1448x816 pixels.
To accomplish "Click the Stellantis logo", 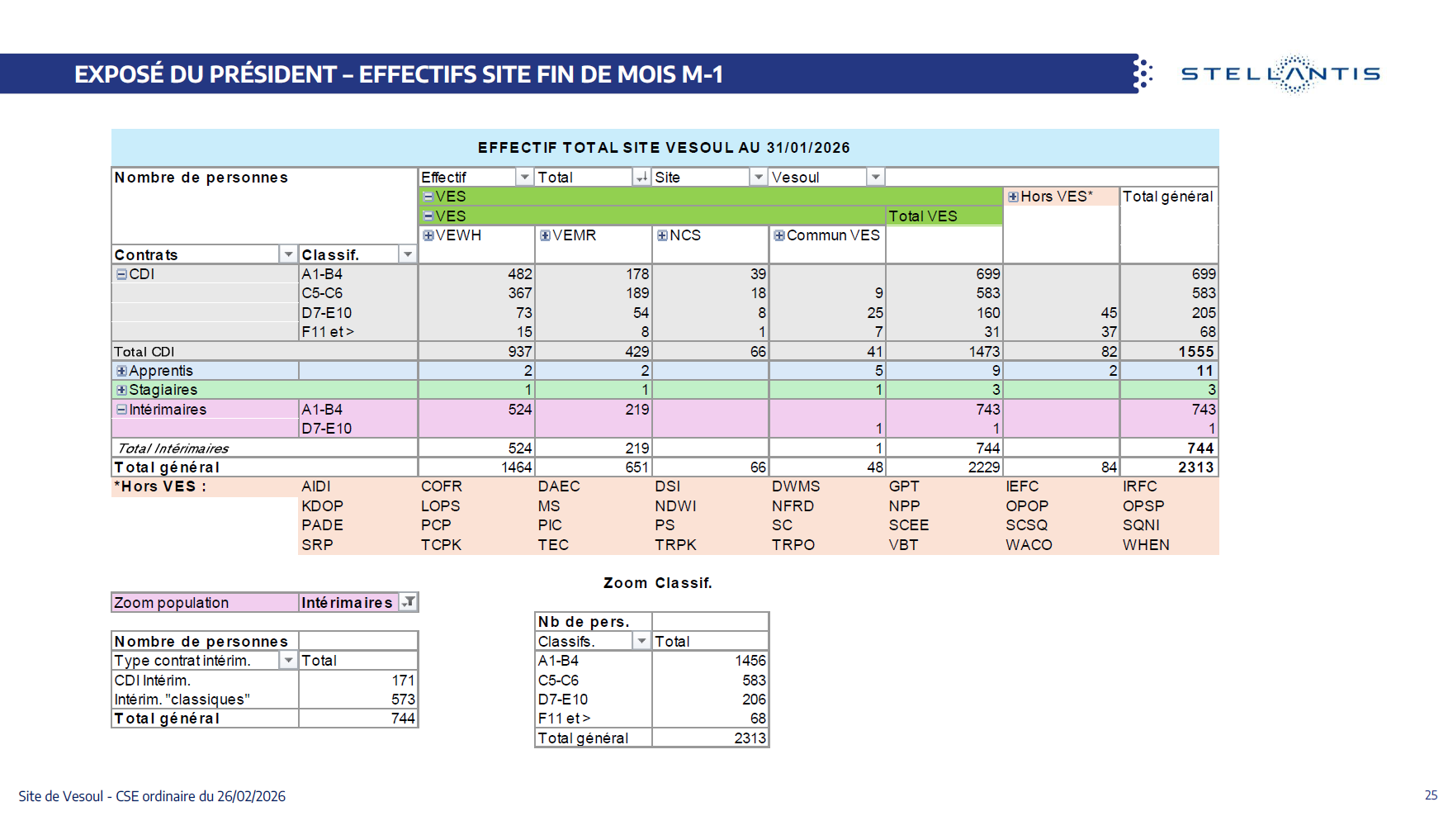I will point(1280,74).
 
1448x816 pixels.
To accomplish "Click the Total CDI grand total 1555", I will point(1195,352).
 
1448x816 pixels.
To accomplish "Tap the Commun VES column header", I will point(832,235).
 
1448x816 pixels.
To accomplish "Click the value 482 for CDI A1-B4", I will point(519,274).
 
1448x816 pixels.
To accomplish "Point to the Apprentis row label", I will point(161,371).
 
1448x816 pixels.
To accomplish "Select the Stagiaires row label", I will point(163,390).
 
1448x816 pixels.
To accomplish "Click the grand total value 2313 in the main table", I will point(1195,467).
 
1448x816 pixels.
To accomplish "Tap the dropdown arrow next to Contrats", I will point(288,254).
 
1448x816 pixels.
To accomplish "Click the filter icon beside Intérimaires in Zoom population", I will point(408,602).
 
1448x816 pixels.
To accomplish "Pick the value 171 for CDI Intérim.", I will point(403,681).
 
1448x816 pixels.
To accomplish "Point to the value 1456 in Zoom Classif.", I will point(750,661).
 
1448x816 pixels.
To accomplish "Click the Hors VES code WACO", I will point(1029,545).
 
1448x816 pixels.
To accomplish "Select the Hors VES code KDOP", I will point(322,506).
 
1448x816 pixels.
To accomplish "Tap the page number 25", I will point(1431,795).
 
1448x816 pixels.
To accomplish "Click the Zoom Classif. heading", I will point(657,583).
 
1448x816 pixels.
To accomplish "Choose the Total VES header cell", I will point(922,216).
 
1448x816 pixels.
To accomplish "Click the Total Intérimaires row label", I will point(173,448).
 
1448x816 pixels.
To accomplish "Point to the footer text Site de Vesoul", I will point(61,796).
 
